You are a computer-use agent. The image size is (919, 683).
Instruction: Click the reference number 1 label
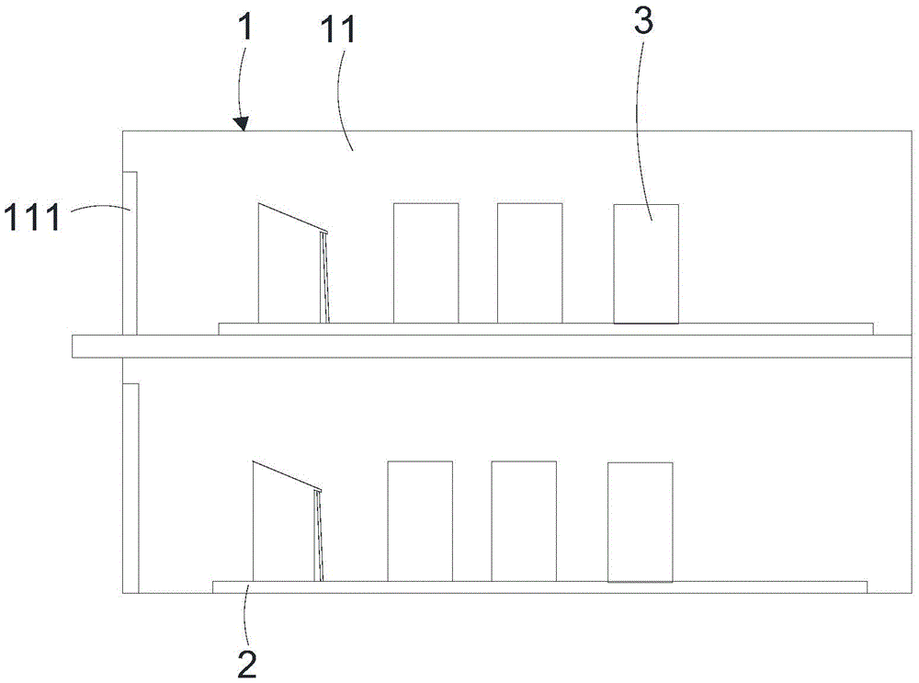click(x=246, y=27)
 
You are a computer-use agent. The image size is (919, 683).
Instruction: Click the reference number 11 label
click(x=338, y=29)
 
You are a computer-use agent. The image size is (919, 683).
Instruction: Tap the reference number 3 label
click(x=643, y=21)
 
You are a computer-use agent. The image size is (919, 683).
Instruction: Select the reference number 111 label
click(x=32, y=216)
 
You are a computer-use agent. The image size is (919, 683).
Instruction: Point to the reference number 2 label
click(x=246, y=664)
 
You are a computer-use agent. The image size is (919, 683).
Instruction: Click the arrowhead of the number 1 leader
click(x=242, y=124)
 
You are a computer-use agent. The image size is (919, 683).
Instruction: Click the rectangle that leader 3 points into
click(x=646, y=264)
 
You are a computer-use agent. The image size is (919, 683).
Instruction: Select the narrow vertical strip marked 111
click(x=130, y=254)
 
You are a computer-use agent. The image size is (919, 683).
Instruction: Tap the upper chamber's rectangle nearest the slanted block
click(x=426, y=263)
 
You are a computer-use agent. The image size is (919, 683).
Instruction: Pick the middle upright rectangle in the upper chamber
click(x=530, y=263)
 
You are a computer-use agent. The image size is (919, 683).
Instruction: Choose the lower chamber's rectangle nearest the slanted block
click(x=420, y=521)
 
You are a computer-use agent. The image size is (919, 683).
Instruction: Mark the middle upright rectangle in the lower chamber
click(x=524, y=521)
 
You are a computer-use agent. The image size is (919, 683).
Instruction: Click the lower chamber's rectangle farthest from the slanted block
click(x=640, y=522)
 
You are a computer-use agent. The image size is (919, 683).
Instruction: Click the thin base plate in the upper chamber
click(x=546, y=329)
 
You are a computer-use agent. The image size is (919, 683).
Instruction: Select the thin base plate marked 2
click(x=539, y=587)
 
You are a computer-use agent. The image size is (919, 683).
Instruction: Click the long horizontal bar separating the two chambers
click(x=493, y=346)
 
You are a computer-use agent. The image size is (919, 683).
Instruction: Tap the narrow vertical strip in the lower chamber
click(x=130, y=488)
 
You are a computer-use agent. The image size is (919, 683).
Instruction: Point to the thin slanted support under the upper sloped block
click(x=324, y=278)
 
